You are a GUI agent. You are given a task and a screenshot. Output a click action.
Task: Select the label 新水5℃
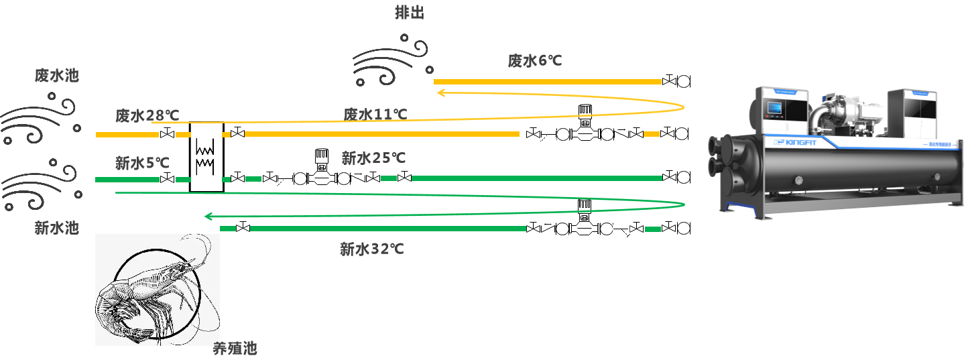(x=142, y=162)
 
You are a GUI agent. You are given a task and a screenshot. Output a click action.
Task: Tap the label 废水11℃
(x=375, y=114)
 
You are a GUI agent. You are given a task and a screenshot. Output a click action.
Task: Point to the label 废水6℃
(x=534, y=61)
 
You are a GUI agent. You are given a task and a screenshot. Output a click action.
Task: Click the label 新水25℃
(x=373, y=158)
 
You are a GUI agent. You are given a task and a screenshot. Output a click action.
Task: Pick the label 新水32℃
(x=371, y=250)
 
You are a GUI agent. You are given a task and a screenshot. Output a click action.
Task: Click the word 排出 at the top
(x=410, y=12)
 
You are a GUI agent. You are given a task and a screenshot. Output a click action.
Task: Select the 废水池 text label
(x=56, y=75)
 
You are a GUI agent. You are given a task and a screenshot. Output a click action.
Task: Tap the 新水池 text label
(x=56, y=228)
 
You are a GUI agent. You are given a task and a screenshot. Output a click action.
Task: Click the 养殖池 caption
(x=235, y=349)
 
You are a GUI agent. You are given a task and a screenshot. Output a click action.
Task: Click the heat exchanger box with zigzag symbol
(x=206, y=157)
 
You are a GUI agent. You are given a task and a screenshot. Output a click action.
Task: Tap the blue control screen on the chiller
(x=773, y=109)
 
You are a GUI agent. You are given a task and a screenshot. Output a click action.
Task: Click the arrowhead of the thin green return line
(x=208, y=216)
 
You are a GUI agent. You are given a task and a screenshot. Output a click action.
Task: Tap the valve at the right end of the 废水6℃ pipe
(x=669, y=81)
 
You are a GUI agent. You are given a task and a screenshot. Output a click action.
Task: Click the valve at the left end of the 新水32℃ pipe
(x=243, y=229)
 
